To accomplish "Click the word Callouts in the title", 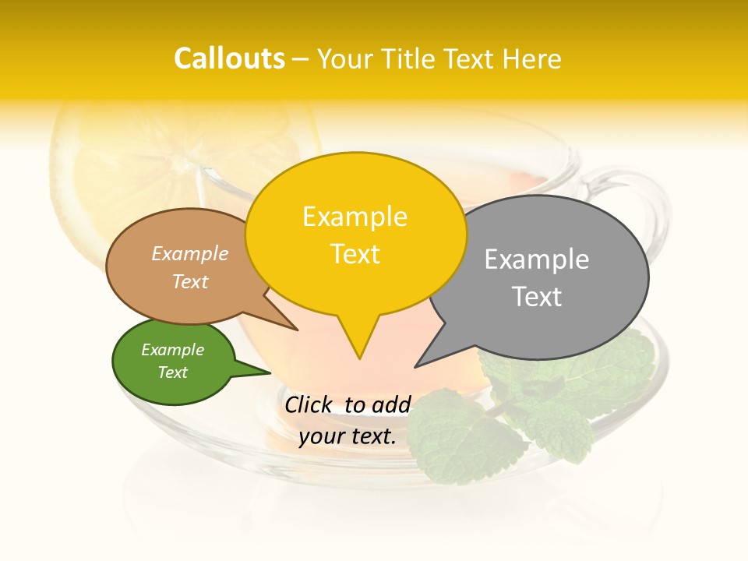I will pyautogui.click(x=229, y=58).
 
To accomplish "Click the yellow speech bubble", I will pyautogui.click(x=355, y=234).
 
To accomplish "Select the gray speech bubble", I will pyautogui.click(x=538, y=277).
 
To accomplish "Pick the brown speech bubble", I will pyautogui.click(x=179, y=266).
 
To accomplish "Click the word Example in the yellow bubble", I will pyautogui.click(x=355, y=216).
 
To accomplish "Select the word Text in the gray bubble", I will pyautogui.click(x=537, y=297).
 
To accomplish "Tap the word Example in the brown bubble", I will pyautogui.click(x=189, y=253).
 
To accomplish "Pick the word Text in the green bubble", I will pyautogui.click(x=173, y=372).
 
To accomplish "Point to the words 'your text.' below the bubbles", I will pyautogui.click(x=347, y=436).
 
